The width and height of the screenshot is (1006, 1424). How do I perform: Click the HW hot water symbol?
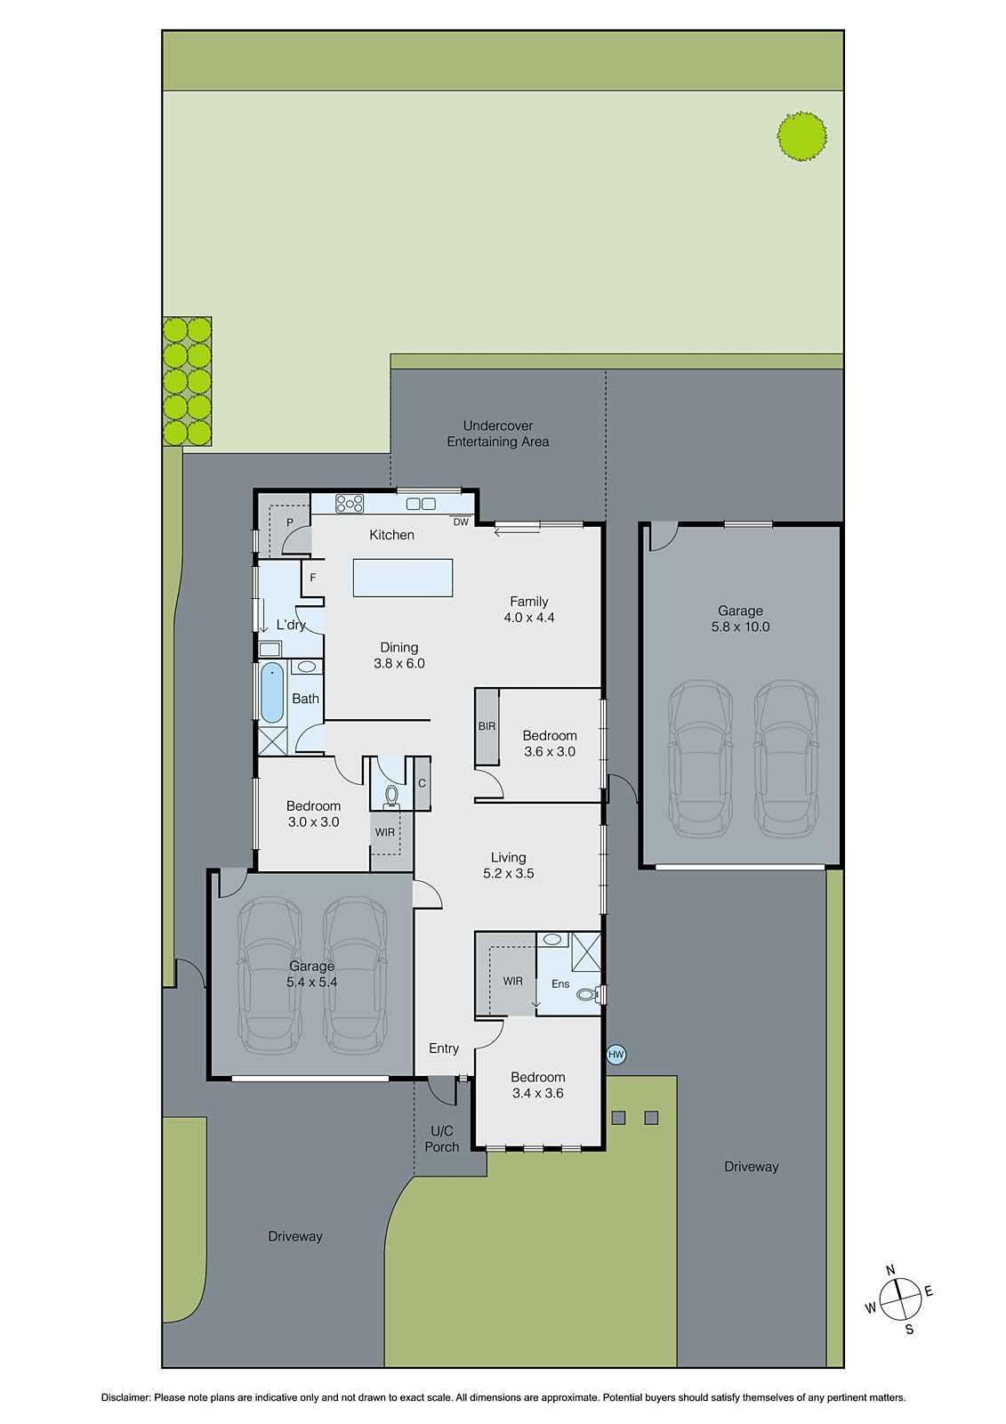click(616, 1055)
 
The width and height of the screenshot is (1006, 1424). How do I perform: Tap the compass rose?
click(900, 1299)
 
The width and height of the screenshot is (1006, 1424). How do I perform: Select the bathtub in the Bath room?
click(272, 693)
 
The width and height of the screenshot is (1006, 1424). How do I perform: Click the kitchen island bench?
click(403, 578)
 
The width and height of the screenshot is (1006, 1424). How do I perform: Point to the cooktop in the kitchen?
click(350, 503)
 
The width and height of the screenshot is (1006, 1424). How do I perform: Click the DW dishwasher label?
click(461, 522)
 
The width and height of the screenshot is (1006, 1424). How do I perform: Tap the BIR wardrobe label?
click(487, 726)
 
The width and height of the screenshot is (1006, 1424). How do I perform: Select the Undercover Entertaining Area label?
click(498, 433)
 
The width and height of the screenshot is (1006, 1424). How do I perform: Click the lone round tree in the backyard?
click(801, 136)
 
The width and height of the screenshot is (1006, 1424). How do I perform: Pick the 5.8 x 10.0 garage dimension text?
click(740, 627)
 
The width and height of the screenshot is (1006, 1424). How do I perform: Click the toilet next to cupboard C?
click(390, 795)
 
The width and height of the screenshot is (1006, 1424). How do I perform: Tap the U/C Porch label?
click(442, 1138)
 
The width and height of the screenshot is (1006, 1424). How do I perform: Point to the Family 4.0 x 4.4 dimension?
click(529, 618)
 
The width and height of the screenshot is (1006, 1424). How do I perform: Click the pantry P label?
click(290, 523)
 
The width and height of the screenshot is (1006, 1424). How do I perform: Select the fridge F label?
click(313, 578)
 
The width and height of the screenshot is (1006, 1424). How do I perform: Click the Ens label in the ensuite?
click(560, 983)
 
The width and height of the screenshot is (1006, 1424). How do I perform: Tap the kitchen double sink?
click(420, 504)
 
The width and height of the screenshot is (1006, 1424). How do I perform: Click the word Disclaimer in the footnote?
click(125, 1397)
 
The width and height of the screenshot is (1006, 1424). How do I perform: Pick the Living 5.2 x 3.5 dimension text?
click(509, 874)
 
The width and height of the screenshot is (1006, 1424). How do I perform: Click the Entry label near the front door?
click(444, 1048)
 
